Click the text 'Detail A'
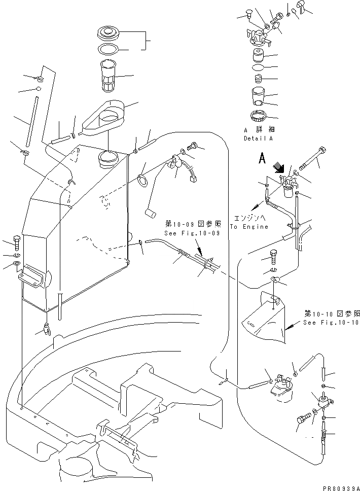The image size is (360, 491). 258,138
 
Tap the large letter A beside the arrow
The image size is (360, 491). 262,158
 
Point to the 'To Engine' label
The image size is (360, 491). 249,227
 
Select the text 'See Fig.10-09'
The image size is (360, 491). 192,233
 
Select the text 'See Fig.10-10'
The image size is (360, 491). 331,323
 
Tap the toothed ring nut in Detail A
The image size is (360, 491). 259,117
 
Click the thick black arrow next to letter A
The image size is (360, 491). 279,168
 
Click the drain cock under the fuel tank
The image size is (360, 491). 47,328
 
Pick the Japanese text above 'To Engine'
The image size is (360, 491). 249,218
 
